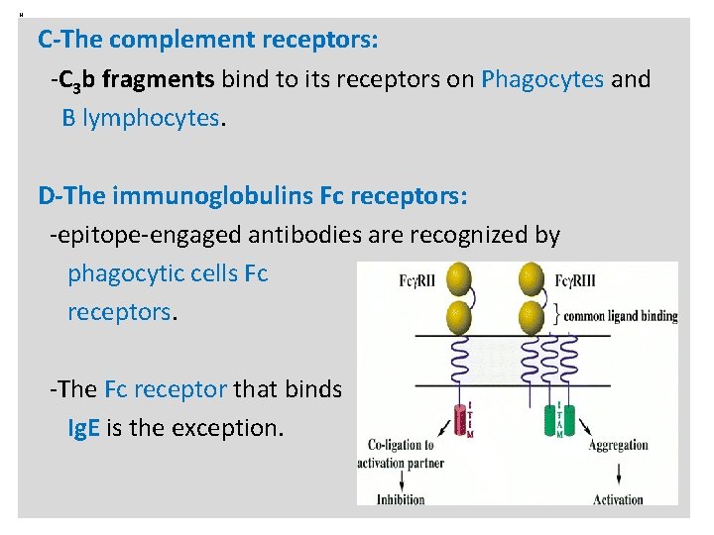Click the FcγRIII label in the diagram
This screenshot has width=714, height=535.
coord(577,280)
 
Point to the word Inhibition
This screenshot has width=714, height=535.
coord(401,499)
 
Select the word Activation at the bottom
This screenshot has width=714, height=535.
coord(618,499)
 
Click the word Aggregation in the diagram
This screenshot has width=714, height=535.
coord(618,446)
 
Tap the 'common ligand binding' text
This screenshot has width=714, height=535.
coord(621,316)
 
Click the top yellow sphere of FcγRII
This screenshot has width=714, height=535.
coord(458,279)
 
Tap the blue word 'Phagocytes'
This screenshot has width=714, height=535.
coord(541,78)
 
